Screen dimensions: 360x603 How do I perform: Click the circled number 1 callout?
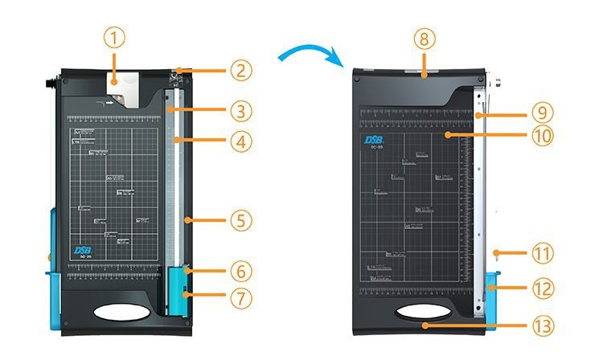[x=115, y=37]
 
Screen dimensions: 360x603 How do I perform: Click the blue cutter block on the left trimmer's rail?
[x=176, y=292]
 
